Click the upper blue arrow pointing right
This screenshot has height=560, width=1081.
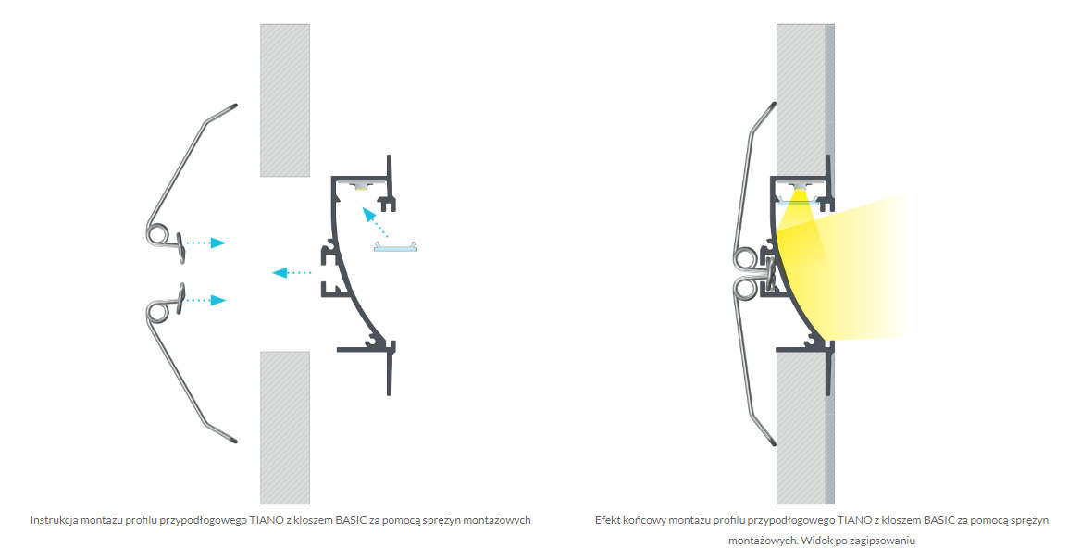pyautogui.click(x=206, y=243)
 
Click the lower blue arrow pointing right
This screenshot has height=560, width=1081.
pyautogui.click(x=206, y=300)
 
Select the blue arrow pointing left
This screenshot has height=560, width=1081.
pyautogui.click(x=292, y=272)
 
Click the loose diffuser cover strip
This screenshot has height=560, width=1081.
pyautogui.click(x=396, y=246)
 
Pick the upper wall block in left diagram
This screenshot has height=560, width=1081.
pyautogui.click(x=285, y=101)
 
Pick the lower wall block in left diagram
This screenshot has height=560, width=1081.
pyautogui.click(x=285, y=428)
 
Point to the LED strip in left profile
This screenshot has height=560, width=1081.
pyautogui.click(x=361, y=185)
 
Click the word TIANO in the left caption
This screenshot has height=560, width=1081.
pyautogui.click(x=263, y=520)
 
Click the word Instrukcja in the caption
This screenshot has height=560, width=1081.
pyautogui.click(x=54, y=520)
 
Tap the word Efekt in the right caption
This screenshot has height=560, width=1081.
pyautogui.click(x=608, y=520)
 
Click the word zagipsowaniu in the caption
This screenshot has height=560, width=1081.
pyautogui.click(x=885, y=541)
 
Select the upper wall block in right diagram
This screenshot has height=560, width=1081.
pyautogui.click(x=801, y=101)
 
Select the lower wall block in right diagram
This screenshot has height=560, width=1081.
pyautogui.click(x=801, y=428)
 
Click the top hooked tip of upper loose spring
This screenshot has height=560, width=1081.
pyautogui.click(x=234, y=106)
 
